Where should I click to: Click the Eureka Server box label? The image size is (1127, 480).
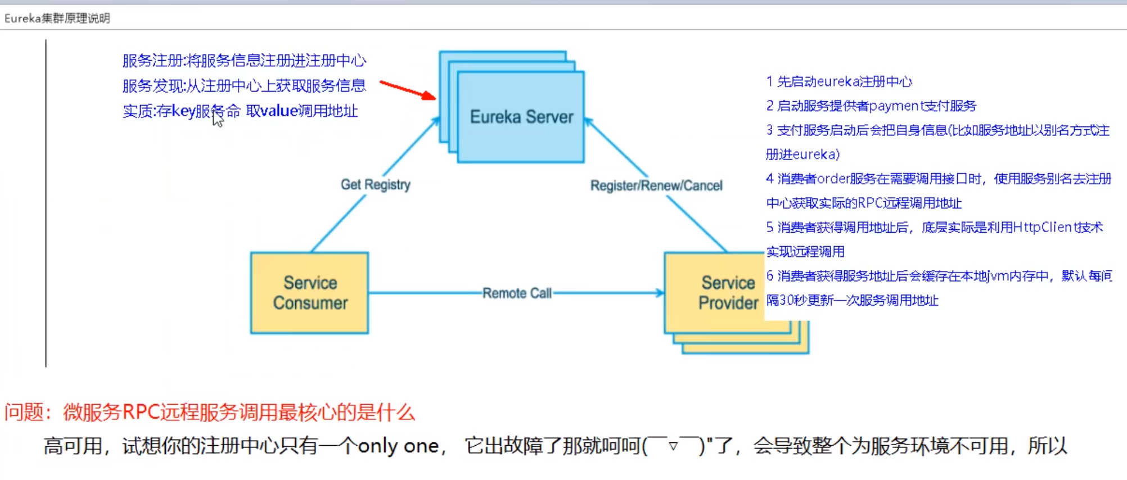(x=521, y=117)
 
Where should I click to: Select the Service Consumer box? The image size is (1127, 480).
(x=310, y=293)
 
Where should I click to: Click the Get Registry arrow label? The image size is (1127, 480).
(x=376, y=184)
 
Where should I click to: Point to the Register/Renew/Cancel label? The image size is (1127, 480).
(x=656, y=185)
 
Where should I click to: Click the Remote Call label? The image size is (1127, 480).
(x=517, y=293)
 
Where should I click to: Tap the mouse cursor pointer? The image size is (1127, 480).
(x=217, y=119)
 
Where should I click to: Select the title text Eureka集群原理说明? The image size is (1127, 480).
(x=57, y=18)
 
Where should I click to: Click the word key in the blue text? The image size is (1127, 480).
(x=183, y=111)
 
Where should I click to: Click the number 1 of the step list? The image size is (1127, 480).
(x=769, y=81)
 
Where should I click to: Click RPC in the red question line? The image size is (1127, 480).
(x=141, y=412)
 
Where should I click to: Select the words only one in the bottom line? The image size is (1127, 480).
(x=398, y=446)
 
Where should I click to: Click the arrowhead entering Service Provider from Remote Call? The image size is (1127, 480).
(x=660, y=293)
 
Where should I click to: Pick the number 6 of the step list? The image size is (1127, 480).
(x=770, y=276)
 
